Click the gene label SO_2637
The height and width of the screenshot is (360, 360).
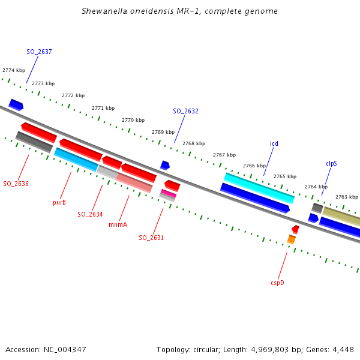(39, 52)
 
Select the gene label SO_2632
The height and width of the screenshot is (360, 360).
(185, 112)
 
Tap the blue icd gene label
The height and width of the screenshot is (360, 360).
(274, 143)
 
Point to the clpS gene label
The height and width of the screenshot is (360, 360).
(331, 163)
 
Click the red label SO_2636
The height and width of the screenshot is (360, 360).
(16, 184)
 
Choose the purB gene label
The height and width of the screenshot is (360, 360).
(59, 203)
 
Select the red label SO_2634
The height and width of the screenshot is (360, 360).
(90, 214)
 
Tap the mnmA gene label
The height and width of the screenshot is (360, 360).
(118, 225)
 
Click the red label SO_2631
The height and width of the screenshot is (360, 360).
(151, 238)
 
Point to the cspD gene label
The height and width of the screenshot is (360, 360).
(277, 282)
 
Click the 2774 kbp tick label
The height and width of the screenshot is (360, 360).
(14, 71)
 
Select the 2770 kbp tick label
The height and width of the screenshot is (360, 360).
(133, 120)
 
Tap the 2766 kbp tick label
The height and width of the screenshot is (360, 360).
(254, 166)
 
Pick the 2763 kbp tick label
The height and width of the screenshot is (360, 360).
(346, 197)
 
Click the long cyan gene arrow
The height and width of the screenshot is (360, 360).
(259, 188)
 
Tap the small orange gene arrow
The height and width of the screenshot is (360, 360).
(292, 239)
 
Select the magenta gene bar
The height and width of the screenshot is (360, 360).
(169, 193)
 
